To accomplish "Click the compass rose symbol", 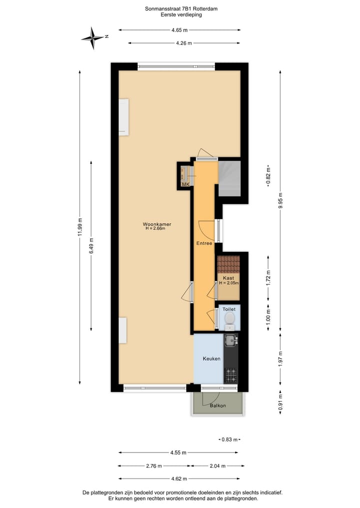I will pyautogui.click(x=93, y=37).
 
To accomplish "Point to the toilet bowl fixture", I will pyautogui.click(x=229, y=318).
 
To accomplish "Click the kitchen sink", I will pyautogui.click(x=230, y=341).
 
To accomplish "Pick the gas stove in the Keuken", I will pyautogui.click(x=230, y=374).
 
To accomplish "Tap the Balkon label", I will pyautogui.click(x=217, y=406).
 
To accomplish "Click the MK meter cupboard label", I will pyautogui.click(x=185, y=185).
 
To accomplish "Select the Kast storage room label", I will pyautogui.click(x=228, y=278).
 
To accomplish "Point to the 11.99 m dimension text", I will pyautogui.click(x=80, y=227).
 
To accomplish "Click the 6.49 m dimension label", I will pyautogui.click(x=91, y=246).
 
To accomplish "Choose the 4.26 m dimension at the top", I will pyautogui.click(x=184, y=43).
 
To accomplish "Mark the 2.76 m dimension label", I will pyautogui.click(x=153, y=466).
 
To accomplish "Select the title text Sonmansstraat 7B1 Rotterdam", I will pyautogui.click(x=181, y=8).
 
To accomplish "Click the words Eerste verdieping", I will pyautogui.click(x=181, y=15).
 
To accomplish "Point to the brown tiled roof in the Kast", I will pyautogui.click(x=228, y=264).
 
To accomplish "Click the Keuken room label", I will pyautogui.click(x=211, y=359).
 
